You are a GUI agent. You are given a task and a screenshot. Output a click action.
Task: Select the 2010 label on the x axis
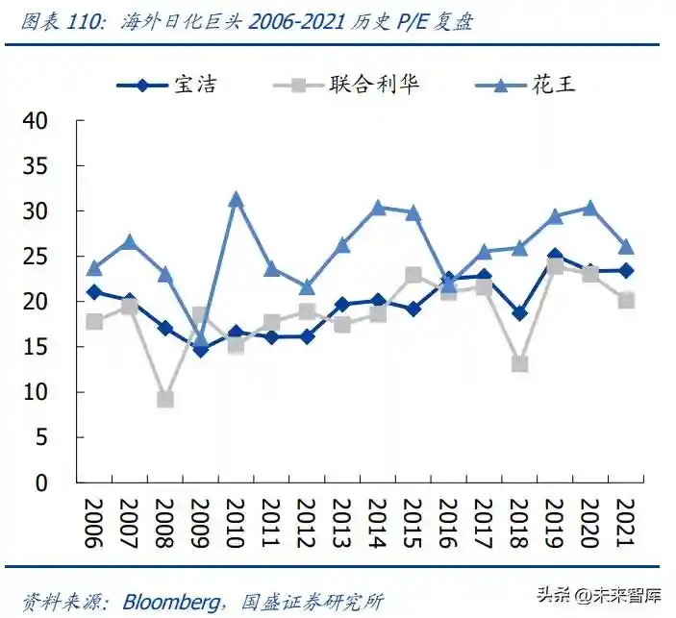235,524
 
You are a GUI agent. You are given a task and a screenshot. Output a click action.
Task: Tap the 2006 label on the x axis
94,524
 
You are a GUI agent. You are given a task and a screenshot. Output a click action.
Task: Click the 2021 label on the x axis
625,524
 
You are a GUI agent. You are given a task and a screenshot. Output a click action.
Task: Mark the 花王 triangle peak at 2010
236,200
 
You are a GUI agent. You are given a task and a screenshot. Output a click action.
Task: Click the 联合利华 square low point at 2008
165,399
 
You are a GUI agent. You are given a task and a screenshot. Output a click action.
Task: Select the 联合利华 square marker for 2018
519,364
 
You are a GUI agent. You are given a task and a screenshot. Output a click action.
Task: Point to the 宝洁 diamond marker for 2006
94,292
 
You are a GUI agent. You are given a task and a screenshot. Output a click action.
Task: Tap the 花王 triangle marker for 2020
590,208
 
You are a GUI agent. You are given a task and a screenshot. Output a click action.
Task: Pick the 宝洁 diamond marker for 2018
519,313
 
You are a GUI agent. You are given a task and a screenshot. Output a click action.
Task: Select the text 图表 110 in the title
56,22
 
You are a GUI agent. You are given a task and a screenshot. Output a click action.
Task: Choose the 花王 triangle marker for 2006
94,268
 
